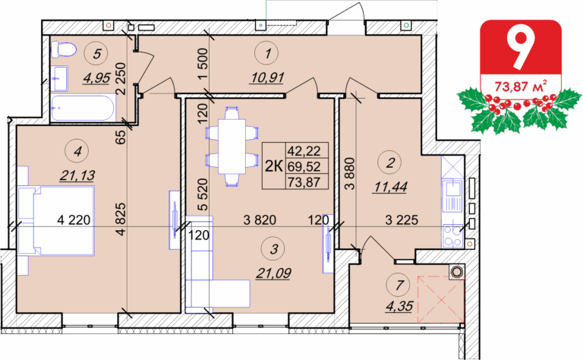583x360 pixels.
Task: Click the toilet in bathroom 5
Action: click(x=63, y=49)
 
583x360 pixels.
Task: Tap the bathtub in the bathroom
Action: click(x=84, y=108)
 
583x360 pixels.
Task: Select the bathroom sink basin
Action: click(x=59, y=78)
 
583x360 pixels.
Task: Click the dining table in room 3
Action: click(x=232, y=146)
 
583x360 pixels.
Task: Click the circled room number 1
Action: click(x=267, y=54)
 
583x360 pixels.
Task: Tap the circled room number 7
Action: click(x=399, y=286)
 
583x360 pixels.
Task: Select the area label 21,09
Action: click(x=273, y=273)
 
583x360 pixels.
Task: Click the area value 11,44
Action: click(x=390, y=187)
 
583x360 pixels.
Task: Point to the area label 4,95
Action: click(x=96, y=77)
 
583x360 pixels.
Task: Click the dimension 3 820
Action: click(x=260, y=219)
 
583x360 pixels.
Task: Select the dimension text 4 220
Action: click(x=74, y=219)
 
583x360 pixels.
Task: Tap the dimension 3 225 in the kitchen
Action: click(x=402, y=219)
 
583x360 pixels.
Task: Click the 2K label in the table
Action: click(x=273, y=166)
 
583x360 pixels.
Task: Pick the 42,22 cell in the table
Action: click(x=304, y=150)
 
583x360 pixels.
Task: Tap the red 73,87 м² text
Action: click(x=521, y=86)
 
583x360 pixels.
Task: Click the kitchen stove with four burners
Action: click(x=453, y=235)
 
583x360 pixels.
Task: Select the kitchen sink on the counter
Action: click(x=453, y=190)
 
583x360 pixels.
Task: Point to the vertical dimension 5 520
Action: click(x=202, y=194)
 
